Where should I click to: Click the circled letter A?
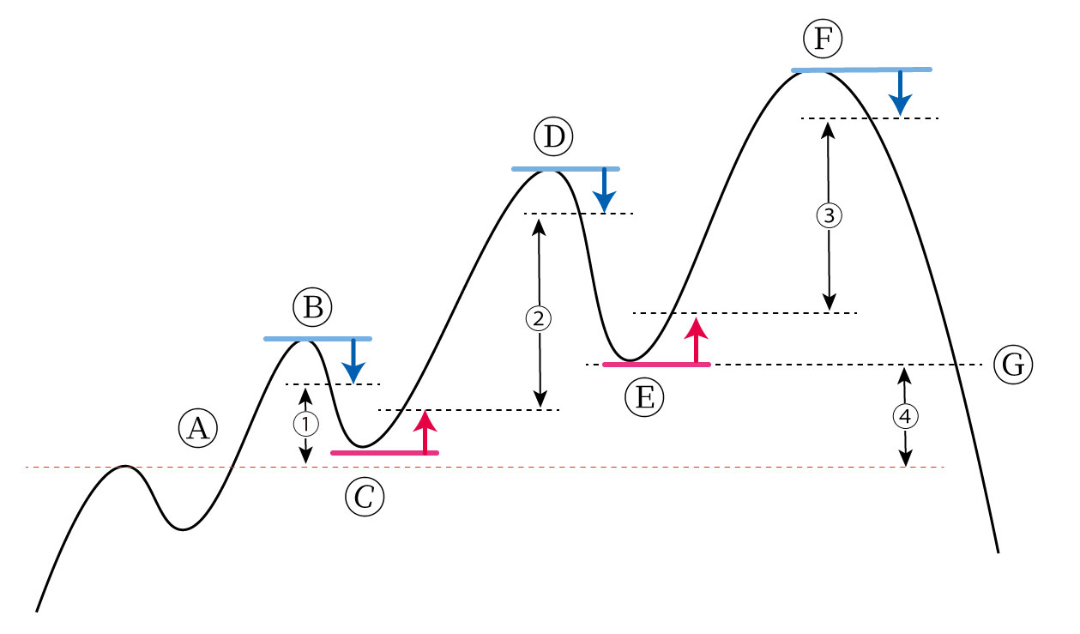pos(198,426)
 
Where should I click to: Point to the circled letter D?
pos(552,137)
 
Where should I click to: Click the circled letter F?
pos(824,38)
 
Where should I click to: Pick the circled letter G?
pos(1013,365)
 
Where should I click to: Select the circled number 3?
pos(828,215)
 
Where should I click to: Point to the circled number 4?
pos(905,416)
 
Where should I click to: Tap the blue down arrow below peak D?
pos(605,190)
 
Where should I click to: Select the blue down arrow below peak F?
pos(899,92)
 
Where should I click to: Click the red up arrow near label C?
pos(425,432)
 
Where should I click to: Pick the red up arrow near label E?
pos(697,341)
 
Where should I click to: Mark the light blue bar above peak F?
pos(860,69)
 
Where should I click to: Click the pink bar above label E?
pos(656,365)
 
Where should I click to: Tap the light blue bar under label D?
pos(564,169)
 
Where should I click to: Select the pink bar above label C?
pos(384,452)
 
